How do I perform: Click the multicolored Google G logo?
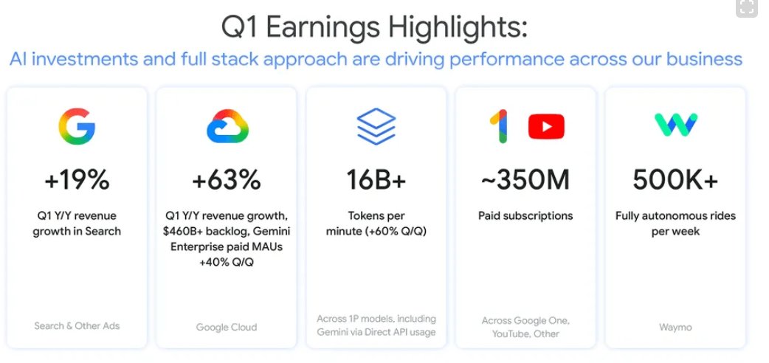click(77, 127)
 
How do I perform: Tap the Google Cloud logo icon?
click(227, 127)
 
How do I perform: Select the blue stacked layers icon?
click(376, 127)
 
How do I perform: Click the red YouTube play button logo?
click(546, 127)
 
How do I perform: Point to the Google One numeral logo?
click(500, 127)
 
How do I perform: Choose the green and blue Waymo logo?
click(676, 125)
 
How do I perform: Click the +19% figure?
click(77, 180)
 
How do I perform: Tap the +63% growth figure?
click(227, 180)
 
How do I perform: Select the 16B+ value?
click(376, 180)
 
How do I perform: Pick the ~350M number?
click(525, 180)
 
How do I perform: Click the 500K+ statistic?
click(675, 180)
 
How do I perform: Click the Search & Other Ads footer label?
click(77, 325)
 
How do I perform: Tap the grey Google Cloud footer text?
click(227, 327)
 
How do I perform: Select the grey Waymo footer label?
click(675, 327)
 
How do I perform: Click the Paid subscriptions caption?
click(525, 216)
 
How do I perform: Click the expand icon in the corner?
click(747, 7)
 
